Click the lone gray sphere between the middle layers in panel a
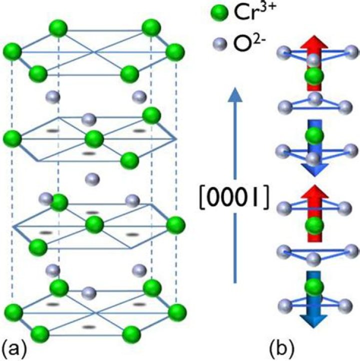pyautogui.click(x=92, y=179)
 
